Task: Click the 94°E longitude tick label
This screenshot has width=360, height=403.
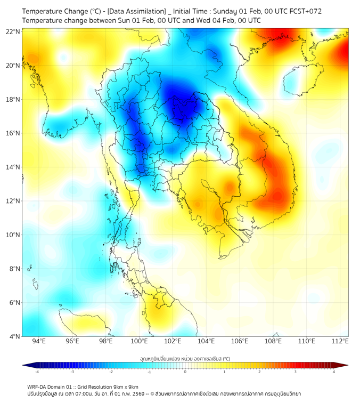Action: click(x=39, y=341)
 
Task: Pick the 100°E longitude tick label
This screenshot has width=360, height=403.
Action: click(x=140, y=341)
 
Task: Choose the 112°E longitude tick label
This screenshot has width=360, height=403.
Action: click(x=340, y=341)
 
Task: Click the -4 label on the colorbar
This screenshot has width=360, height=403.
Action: click(x=37, y=372)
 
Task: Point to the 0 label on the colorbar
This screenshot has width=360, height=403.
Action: click(x=185, y=372)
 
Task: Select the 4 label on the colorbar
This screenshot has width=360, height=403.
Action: click(x=333, y=372)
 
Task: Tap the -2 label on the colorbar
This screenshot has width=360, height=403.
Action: click(x=111, y=372)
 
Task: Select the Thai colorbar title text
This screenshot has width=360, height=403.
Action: click(x=185, y=359)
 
